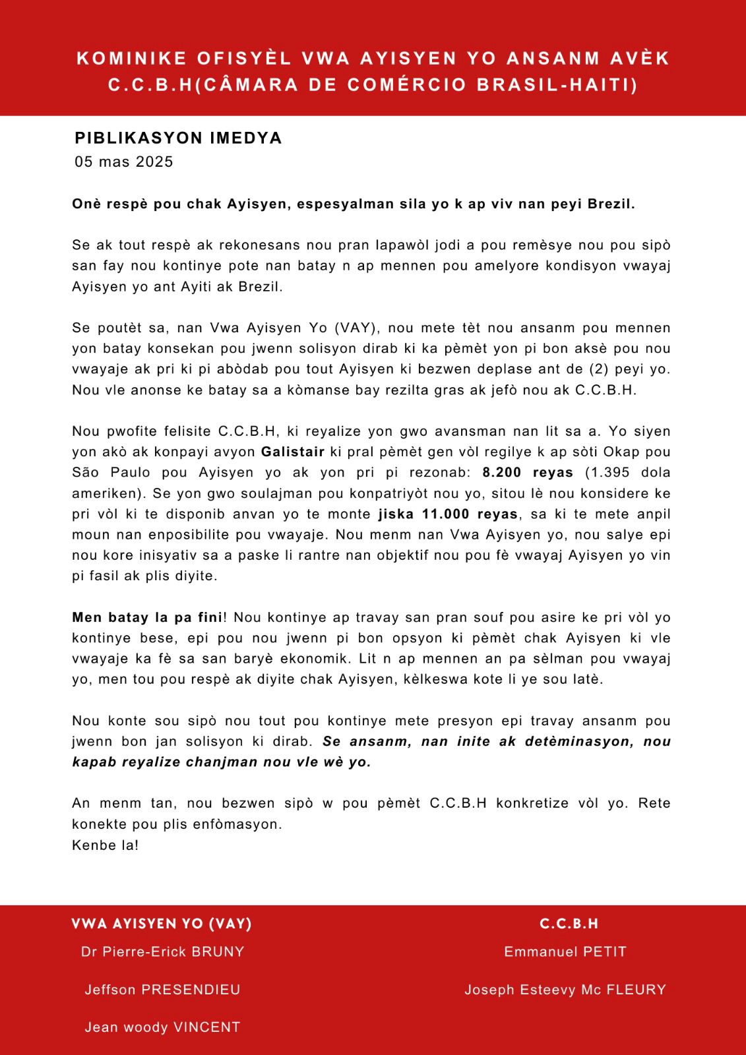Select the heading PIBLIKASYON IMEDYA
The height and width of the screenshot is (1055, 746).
(x=179, y=138)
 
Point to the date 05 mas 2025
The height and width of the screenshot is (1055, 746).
(x=124, y=162)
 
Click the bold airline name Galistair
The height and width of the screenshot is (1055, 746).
(x=293, y=452)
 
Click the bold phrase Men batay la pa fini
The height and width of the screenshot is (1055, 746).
(x=147, y=618)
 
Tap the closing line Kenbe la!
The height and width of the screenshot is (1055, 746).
(x=106, y=845)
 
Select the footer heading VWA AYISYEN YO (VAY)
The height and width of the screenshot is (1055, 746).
(x=162, y=924)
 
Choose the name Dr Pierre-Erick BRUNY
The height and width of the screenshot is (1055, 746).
(x=163, y=951)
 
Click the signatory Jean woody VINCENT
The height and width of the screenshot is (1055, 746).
(x=163, y=1027)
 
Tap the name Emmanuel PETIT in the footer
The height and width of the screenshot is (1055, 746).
(x=565, y=951)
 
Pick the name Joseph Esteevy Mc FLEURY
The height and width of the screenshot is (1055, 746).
(x=565, y=989)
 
